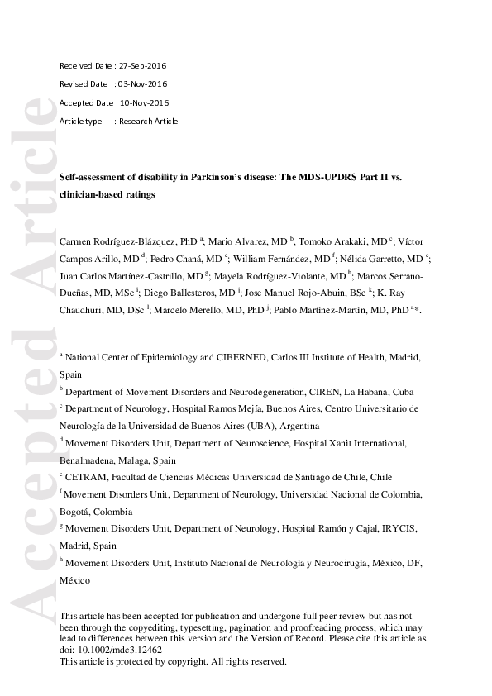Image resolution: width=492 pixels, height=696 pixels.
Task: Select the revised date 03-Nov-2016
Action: tap(142, 84)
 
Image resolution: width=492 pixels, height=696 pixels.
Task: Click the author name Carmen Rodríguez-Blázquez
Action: tap(121, 242)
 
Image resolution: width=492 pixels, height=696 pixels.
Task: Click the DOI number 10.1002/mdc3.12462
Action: tap(116, 650)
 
